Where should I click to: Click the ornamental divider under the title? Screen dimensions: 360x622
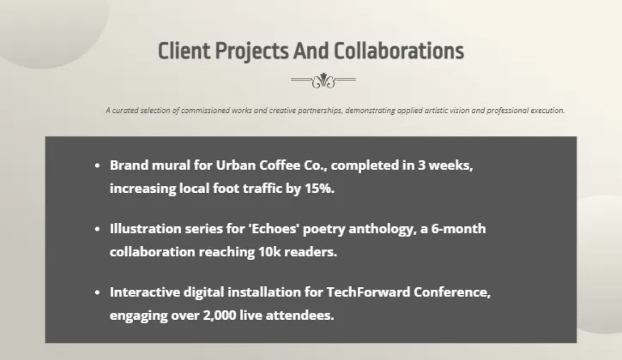(x=323, y=80)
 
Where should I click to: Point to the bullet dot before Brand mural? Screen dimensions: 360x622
(x=97, y=166)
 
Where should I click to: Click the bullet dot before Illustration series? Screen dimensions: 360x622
(x=97, y=229)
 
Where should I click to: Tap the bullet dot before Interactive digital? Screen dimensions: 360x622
(x=97, y=293)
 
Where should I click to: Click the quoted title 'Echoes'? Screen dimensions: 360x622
(x=277, y=229)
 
